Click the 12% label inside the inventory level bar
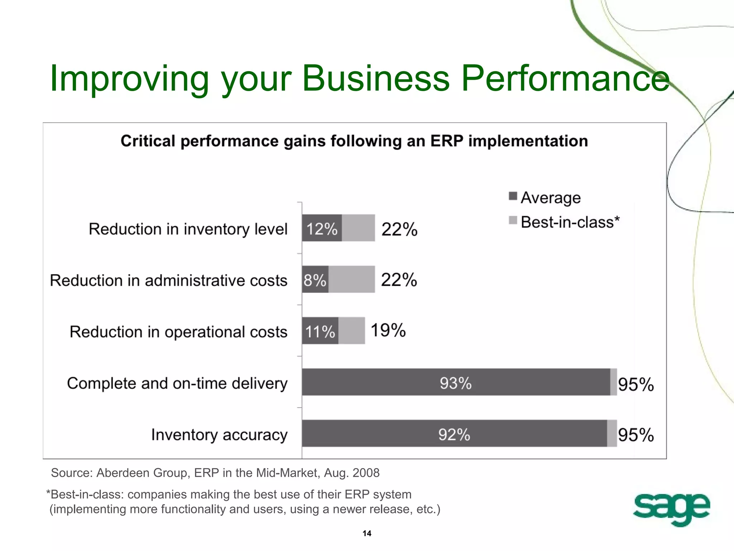coord(321,229)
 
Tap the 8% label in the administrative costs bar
coord(315,280)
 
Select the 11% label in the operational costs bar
coord(320,331)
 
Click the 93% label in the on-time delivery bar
coord(456,383)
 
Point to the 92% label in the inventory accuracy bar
coord(454,434)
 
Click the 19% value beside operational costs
coord(388,330)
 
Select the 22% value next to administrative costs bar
coord(399,279)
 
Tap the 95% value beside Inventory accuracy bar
coord(635,435)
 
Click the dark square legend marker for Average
coord(513,196)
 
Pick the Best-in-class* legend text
coord(570,222)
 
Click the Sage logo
coord(671,508)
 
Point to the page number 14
coord(367,533)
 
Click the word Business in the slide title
coord(375,78)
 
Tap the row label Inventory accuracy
coord(219,435)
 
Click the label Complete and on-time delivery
coord(177,383)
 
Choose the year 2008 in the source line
coord(366,473)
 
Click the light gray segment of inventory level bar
coord(358,228)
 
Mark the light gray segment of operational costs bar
coord(351,331)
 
